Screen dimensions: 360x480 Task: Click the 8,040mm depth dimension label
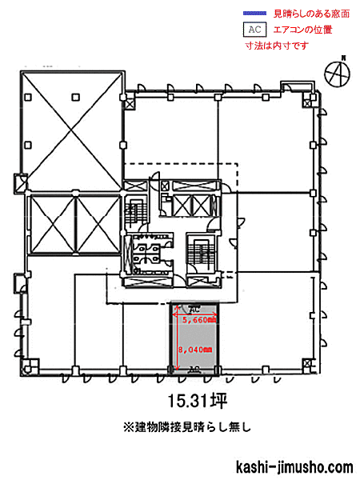coord(195,350)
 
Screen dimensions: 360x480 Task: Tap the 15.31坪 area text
coord(198,401)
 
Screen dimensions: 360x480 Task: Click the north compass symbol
coord(338,73)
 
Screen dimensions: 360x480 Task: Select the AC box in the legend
coord(254,30)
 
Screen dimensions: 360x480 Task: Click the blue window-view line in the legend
coord(254,13)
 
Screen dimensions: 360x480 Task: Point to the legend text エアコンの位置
coord(302,30)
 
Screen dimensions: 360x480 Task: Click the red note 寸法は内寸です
coord(277,46)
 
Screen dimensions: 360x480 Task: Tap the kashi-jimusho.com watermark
coord(294,467)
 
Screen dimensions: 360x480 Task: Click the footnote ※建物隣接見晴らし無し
coord(187,427)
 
